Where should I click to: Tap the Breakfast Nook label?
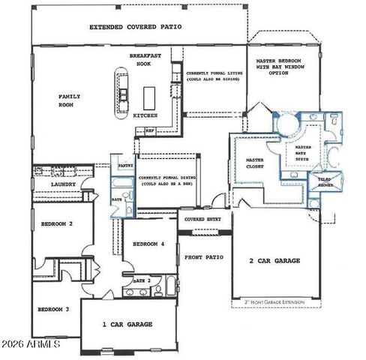coord(144,60)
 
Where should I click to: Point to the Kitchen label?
coord(144,116)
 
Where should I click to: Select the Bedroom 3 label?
coord(55,308)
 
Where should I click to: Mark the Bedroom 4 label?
coord(148,244)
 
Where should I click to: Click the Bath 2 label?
coord(142,280)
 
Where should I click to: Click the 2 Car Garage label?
coord(274,261)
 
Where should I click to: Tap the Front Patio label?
coord(204,257)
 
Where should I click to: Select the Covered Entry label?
coord(204,219)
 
